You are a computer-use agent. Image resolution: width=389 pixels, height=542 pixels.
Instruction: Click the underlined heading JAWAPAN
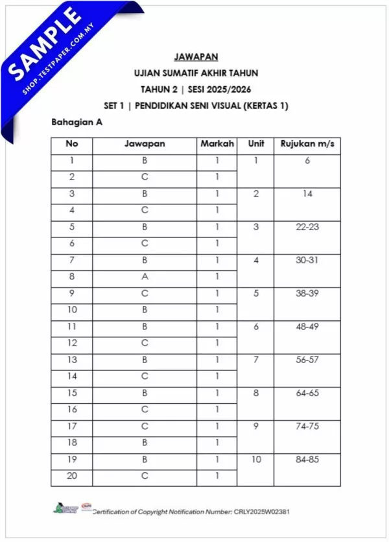coord(194,56)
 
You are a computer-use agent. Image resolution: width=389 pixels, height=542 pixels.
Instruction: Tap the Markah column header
coord(217,144)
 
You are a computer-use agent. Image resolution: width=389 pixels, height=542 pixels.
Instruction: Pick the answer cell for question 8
coord(145,277)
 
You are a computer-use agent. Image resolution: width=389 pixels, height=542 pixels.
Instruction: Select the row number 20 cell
coord(72,476)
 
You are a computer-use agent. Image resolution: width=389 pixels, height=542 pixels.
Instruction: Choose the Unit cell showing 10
coord(255,459)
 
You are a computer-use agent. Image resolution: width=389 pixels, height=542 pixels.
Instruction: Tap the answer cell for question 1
coord(145,161)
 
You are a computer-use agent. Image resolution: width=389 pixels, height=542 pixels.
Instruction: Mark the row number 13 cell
coord(72,360)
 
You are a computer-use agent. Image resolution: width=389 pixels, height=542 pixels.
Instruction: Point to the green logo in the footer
coord(60,510)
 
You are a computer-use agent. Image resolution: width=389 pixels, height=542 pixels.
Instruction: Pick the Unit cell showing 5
coord(255,293)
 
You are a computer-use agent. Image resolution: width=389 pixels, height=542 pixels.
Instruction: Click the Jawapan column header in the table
coord(145,144)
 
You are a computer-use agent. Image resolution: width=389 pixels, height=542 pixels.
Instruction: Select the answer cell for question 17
coord(145,427)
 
